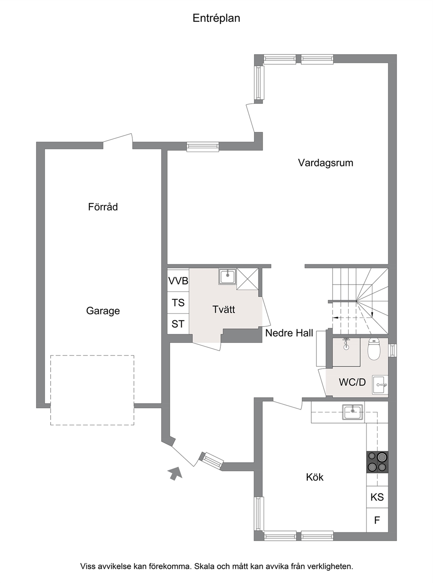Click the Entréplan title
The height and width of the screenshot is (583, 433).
tap(216, 18)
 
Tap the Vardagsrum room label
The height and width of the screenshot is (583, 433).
tap(326, 163)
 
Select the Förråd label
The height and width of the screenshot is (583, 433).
tap(103, 207)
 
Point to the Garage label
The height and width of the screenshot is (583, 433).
tap(103, 310)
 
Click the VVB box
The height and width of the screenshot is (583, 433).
tap(178, 281)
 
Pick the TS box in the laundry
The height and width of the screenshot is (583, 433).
tap(178, 303)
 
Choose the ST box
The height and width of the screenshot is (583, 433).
tap(178, 324)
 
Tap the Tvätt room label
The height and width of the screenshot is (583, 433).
tap(223, 309)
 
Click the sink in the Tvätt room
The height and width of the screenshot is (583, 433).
tap(227, 276)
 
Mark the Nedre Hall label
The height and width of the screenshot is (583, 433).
tap(289, 333)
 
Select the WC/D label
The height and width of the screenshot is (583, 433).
tap(352, 382)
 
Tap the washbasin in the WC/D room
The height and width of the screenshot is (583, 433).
tap(380, 385)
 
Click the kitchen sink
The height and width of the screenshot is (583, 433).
tap(353, 412)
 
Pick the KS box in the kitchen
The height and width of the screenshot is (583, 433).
tap(377, 497)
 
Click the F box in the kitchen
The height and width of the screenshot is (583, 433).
tap(377, 520)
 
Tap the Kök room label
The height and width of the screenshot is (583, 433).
tap(315, 477)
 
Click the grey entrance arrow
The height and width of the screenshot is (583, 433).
tap(175, 473)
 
